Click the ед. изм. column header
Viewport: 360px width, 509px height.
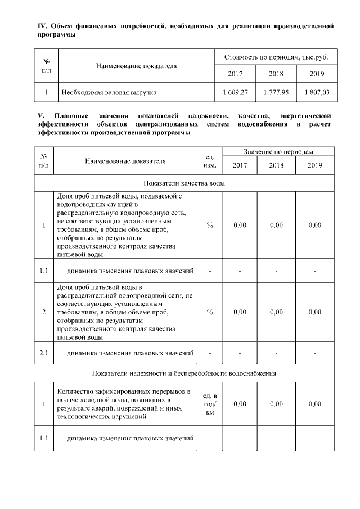(209, 160)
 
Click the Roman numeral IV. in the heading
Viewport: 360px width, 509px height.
(40, 26)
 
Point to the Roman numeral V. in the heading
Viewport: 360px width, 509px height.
(39, 115)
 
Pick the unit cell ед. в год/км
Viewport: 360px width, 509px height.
(209, 404)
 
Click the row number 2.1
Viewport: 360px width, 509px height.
(44, 353)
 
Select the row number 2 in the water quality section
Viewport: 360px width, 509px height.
(44, 312)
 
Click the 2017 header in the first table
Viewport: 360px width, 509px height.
(235, 74)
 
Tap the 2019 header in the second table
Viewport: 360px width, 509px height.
(315, 165)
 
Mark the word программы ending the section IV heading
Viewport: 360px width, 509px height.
(56, 35)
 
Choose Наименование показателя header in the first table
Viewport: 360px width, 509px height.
(137, 66)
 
